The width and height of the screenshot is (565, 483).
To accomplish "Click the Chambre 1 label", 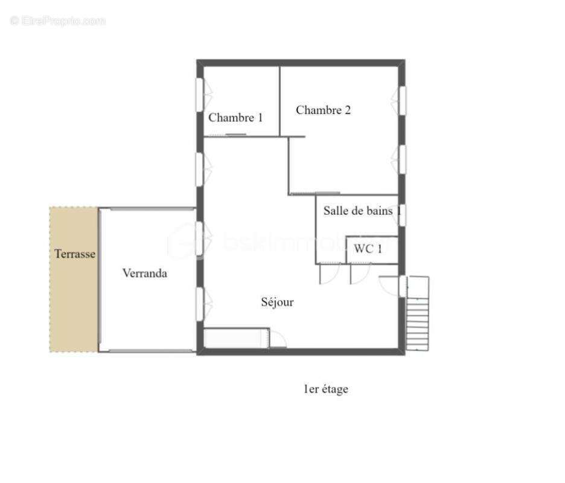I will click(235, 118).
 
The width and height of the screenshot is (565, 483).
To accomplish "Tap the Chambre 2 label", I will click(323, 110).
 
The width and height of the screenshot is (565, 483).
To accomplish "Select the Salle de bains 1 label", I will click(362, 211).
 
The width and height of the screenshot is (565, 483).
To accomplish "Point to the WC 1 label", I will click(368, 249).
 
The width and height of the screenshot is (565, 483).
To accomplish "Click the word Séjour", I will click(277, 302).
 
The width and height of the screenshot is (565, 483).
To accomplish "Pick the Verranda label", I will click(144, 273).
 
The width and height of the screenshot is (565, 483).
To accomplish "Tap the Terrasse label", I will click(75, 254).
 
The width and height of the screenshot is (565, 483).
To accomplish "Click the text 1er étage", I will click(325, 389).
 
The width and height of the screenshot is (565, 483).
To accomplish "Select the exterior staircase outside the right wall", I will click(418, 314).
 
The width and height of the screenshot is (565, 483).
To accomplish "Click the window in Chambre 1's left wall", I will click(200, 95).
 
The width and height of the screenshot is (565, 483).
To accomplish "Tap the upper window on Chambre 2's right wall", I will click(401, 100).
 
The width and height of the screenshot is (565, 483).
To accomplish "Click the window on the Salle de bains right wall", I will click(401, 214).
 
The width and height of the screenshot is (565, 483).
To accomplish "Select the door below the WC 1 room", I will click(359, 273).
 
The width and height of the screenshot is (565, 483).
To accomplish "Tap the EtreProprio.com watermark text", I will click(57, 21).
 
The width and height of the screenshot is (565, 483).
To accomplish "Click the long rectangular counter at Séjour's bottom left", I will click(236, 337).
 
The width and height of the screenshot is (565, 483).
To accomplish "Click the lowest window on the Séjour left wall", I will click(200, 302).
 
